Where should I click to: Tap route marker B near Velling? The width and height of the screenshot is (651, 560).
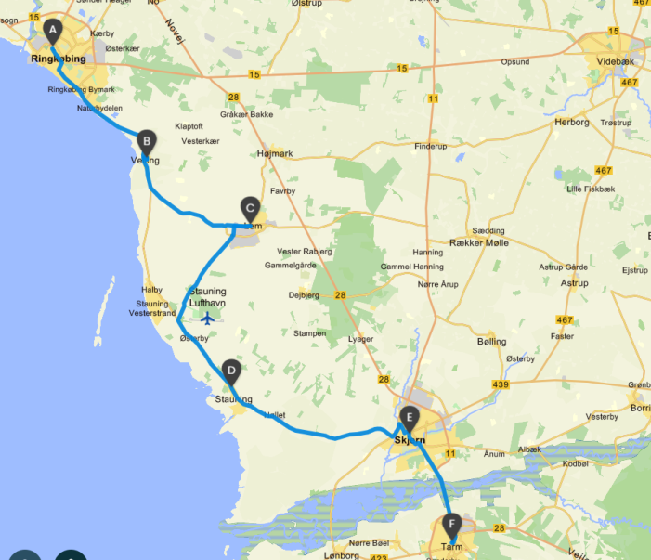pos(146,142)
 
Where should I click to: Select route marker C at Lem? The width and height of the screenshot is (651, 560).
pos(249,207)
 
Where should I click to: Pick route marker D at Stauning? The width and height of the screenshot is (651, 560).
pos(231,372)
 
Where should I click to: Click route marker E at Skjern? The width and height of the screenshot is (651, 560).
pos(410,417)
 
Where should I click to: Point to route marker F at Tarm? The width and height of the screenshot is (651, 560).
pos(452,524)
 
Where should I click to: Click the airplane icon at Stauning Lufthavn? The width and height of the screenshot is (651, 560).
pos(206,319)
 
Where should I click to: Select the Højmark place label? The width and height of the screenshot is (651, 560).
pos(274,154)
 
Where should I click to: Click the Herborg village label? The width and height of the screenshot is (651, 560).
pos(572,122)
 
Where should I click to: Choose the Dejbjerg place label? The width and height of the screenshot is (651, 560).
pos(304,296)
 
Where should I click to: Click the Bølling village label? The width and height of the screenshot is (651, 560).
pos(492,342)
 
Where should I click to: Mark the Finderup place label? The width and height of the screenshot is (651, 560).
pos(430,147)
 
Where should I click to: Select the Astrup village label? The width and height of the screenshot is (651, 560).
pos(575,283)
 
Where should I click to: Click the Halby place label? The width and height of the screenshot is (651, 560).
pos(152,290)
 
